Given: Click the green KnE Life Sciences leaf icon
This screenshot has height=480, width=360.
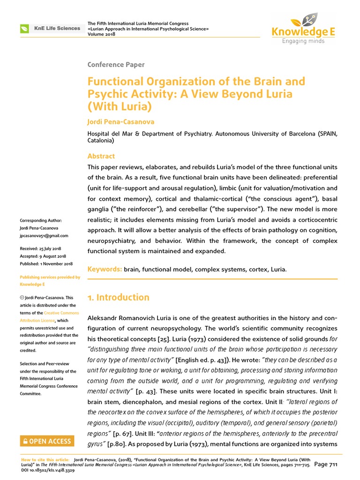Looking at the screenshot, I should coord(24,29).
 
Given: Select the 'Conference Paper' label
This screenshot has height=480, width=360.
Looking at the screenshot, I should coord(116,65).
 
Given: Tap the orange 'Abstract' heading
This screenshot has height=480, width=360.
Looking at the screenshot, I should coord(101,156).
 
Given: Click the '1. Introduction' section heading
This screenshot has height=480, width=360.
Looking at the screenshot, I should coord(119,297).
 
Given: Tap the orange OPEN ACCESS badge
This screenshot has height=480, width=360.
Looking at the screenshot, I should coord(46,441).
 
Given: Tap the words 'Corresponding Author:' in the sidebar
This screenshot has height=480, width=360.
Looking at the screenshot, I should coord(41,221).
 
